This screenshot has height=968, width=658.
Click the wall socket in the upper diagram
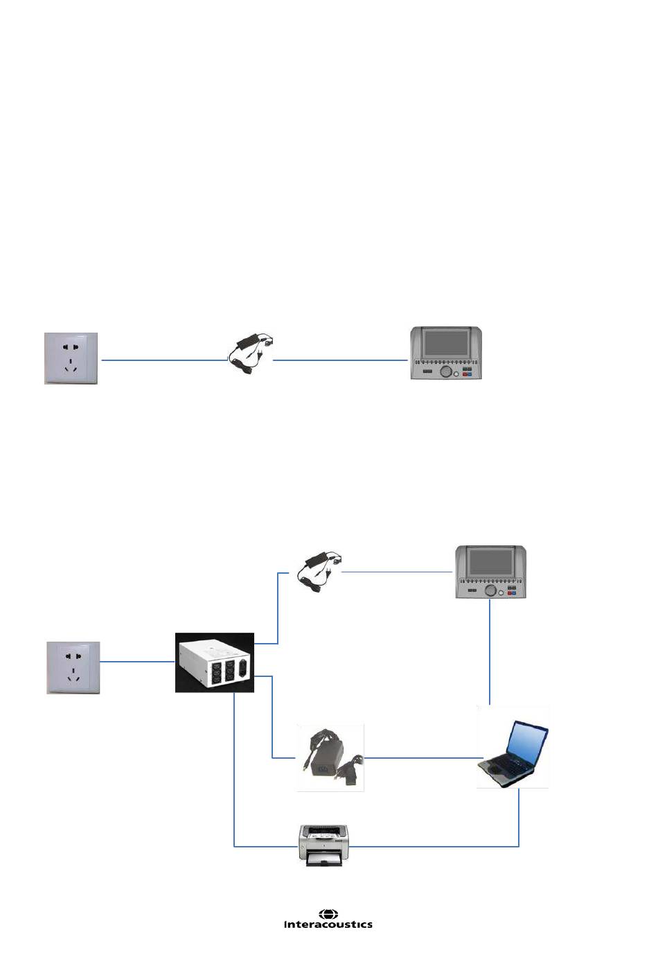click(x=71, y=358)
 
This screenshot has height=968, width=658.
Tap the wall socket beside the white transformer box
click(x=73, y=668)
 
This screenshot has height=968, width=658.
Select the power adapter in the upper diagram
click(x=250, y=354)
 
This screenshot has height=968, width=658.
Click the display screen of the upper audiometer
click(x=446, y=342)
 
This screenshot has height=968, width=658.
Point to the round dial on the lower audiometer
click(x=491, y=590)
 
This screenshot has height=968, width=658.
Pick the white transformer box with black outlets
click(x=214, y=663)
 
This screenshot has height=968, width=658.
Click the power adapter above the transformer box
click(x=319, y=570)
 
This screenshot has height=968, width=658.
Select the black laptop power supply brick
click(x=330, y=758)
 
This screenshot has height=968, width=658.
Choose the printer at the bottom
click(x=323, y=845)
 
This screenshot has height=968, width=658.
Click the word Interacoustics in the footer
click(x=328, y=924)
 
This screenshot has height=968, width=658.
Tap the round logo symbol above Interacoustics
click(x=328, y=914)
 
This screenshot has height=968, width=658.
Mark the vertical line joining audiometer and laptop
click(x=490, y=651)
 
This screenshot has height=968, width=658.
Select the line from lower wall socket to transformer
click(x=137, y=662)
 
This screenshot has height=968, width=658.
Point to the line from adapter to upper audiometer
click(x=339, y=360)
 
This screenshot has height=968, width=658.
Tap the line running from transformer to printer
click(x=235, y=776)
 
